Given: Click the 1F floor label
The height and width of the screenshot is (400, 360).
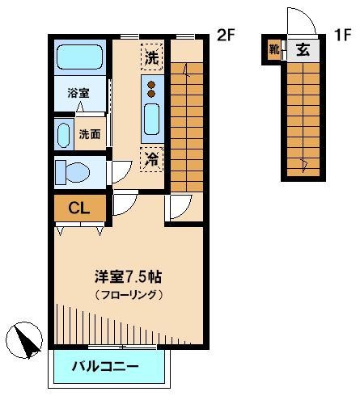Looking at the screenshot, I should click(x=342, y=35).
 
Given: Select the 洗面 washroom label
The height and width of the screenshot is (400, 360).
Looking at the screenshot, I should click(x=90, y=134).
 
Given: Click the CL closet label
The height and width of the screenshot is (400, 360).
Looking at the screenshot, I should click(x=78, y=208).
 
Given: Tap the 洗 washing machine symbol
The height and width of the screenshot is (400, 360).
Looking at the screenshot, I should click(x=152, y=57).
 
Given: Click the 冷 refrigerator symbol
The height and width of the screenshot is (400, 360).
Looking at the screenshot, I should click(x=152, y=159).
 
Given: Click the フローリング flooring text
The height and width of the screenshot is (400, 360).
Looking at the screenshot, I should click(x=128, y=295).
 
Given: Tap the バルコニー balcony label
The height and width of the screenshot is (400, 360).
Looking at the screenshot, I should click(x=105, y=366).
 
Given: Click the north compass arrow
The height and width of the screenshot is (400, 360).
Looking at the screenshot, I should click(x=27, y=339).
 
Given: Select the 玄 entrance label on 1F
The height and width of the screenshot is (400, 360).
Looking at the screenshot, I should click(x=303, y=50).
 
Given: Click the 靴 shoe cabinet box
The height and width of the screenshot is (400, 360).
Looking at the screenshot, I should click(x=274, y=50).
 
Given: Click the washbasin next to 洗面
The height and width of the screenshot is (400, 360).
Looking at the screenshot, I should click(x=62, y=133).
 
